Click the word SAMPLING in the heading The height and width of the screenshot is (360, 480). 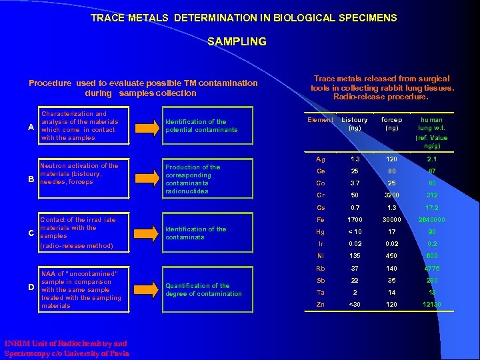click(237, 41)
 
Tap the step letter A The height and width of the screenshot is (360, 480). click(31, 127)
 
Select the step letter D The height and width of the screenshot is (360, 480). click(31, 287)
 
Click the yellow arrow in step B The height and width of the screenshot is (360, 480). click(146, 179)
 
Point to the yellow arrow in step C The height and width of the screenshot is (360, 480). click(146, 233)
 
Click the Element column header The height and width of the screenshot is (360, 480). click(320, 120)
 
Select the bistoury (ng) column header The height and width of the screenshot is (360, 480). click(354, 123)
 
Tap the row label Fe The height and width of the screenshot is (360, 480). click(320, 219)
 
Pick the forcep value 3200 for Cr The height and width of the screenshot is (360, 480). click(391, 195)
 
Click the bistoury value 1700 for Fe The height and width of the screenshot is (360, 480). click(354, 219)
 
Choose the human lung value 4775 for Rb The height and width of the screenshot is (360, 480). click(431, 269)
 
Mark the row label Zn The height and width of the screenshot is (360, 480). click(320, 305)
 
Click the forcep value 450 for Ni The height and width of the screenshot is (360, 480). click(391, 256)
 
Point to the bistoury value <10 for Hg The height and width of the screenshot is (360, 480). click(354, 232)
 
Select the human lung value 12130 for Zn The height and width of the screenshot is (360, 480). click(431, 305)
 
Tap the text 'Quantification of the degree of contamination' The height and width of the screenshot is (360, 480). click(203, 290)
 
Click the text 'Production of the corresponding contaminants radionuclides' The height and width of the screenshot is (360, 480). click(193, 179)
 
